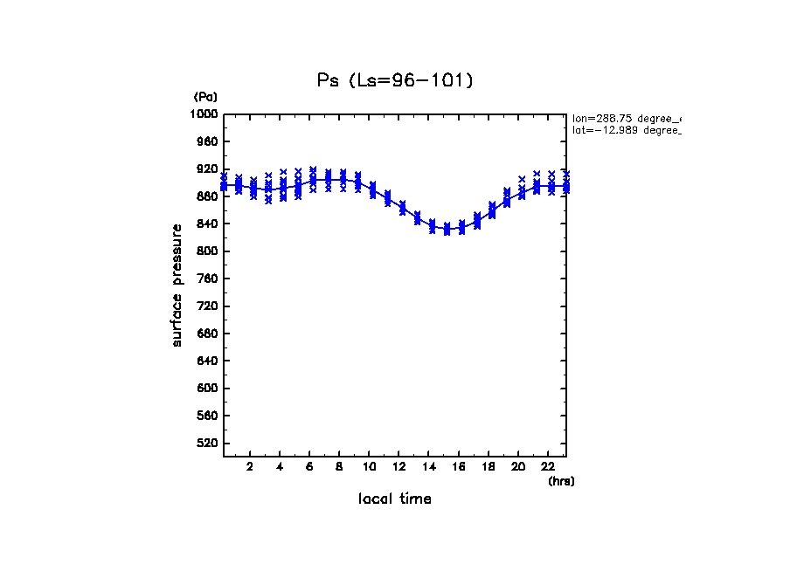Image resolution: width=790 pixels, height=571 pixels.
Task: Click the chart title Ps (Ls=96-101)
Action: [x=395, y=80]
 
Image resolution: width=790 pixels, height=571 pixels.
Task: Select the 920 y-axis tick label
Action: [x=207, y=169]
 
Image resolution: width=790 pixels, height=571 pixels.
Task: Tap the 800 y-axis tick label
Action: [x=207, y=251]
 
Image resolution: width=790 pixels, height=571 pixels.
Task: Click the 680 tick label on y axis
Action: [x=207, y=334]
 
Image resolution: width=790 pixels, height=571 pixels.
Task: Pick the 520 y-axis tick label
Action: [x=207, y=444]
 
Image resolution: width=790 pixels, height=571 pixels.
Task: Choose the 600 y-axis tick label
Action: [x=207, y=389]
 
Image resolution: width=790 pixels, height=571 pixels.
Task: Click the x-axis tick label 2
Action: [x=250, y=467]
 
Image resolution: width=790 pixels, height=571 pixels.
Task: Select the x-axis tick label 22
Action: [x=549, y=467]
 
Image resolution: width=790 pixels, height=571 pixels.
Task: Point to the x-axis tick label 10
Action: [x=370, y=467]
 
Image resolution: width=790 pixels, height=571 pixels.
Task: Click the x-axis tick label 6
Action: [x=309, y=467]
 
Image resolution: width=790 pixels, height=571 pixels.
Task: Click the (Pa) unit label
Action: [x=205, y=97]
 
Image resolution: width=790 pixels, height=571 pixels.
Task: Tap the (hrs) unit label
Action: [x=560, y=481]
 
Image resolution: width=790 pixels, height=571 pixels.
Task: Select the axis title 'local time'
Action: [x=395, y=499]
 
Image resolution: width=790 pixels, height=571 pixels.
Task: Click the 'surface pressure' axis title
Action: [x=177, y=285]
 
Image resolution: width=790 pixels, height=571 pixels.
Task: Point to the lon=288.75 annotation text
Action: [x=626, y=117]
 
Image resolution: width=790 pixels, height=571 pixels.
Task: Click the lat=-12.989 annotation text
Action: [x=626, y=130]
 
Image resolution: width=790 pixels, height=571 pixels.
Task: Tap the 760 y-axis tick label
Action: [x=207, y=279]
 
